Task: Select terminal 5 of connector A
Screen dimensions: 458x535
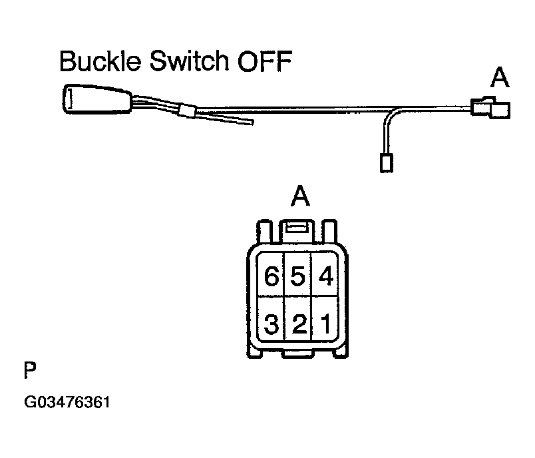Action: point(297,276)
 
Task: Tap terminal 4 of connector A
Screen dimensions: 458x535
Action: point(325,276)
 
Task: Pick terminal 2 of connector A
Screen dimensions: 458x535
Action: point(298,325)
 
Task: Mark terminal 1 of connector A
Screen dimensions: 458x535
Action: point(325,325)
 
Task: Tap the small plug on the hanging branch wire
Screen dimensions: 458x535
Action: point(385,162)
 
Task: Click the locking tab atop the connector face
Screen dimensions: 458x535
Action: point(297,229)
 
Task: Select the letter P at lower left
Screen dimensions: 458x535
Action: point(29,371)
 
